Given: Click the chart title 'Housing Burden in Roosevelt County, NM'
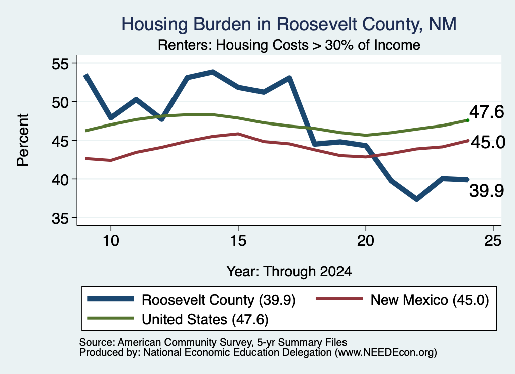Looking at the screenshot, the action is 289,24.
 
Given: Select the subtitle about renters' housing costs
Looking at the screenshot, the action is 289,45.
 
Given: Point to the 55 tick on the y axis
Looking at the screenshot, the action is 60,63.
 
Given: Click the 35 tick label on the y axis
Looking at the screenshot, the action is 60,218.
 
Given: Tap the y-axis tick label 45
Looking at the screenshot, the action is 60,141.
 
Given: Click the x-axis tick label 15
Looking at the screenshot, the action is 238,241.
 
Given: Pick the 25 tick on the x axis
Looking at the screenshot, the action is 493,241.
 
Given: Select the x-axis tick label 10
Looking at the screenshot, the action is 111,241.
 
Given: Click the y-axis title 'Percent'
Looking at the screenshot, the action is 23,140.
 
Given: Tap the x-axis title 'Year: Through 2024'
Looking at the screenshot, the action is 289,272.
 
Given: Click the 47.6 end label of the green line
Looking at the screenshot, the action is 486,112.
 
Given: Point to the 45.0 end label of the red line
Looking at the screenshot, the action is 488,142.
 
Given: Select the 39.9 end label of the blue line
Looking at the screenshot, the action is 486,191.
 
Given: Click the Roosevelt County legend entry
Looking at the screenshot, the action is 192,300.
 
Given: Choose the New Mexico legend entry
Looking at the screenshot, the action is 402,300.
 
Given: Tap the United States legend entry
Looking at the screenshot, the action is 178,319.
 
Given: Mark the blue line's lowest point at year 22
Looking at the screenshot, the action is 416,199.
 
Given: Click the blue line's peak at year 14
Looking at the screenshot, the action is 213,72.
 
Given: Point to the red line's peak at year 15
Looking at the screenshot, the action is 238,134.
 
